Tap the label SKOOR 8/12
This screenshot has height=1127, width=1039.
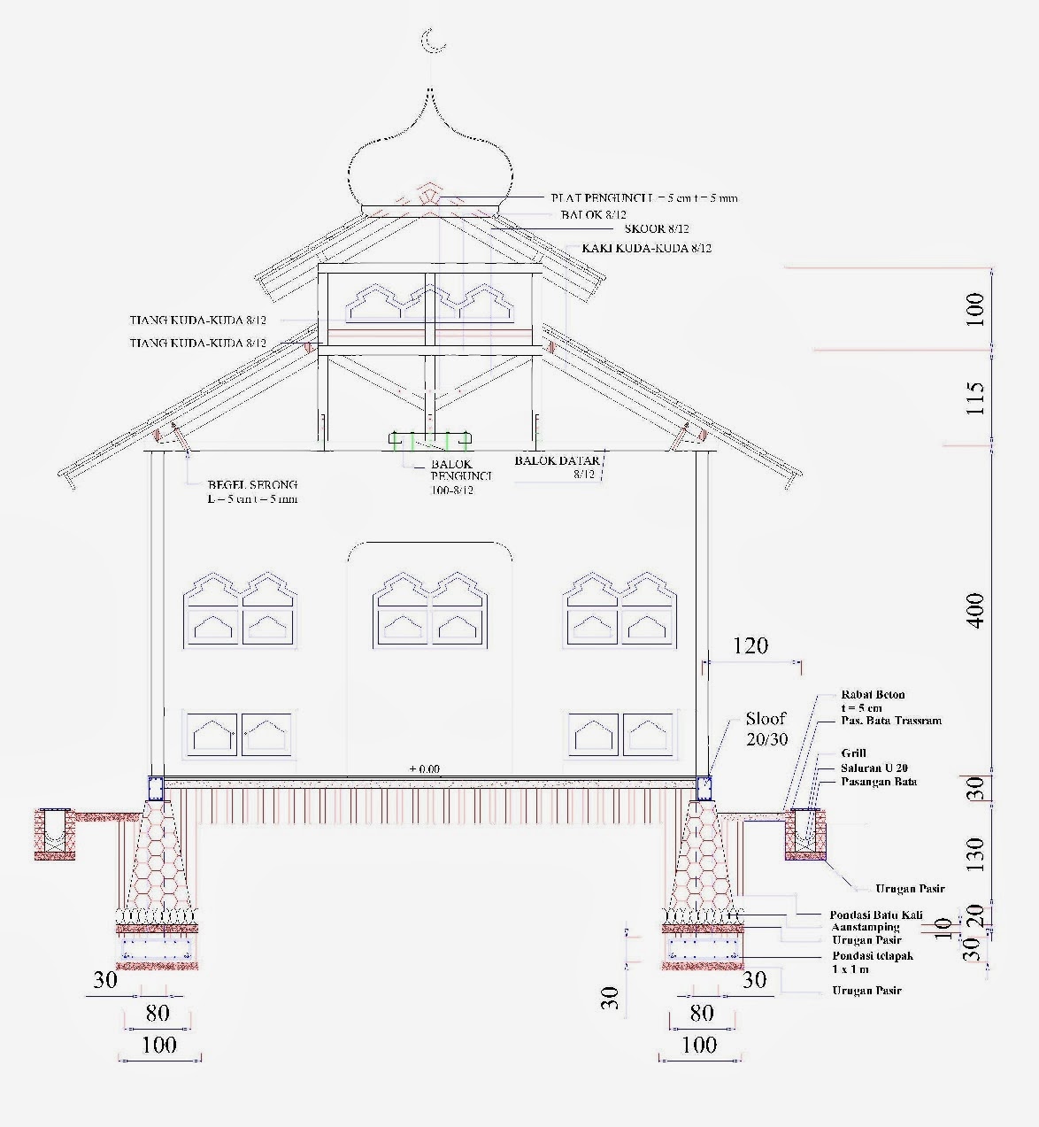click(657, 229)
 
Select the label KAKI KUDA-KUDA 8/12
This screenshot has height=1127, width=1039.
click(646, 248)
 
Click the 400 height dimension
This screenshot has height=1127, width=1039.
click(975, 610)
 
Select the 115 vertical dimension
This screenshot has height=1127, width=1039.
click(975, 399)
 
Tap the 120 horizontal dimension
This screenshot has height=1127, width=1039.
click(750, 645)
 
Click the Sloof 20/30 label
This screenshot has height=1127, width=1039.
click(766, 728)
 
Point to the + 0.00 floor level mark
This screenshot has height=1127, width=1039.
click(425, 768)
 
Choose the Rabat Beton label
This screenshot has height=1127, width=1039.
click(873, 695)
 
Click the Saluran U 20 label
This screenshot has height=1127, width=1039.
click(874, 768)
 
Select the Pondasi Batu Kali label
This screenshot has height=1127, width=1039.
click(875, 915)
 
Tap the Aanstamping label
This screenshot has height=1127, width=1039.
click(866, 927)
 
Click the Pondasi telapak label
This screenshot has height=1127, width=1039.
click(872, 956)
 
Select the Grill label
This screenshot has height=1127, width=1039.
click(854, 753)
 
